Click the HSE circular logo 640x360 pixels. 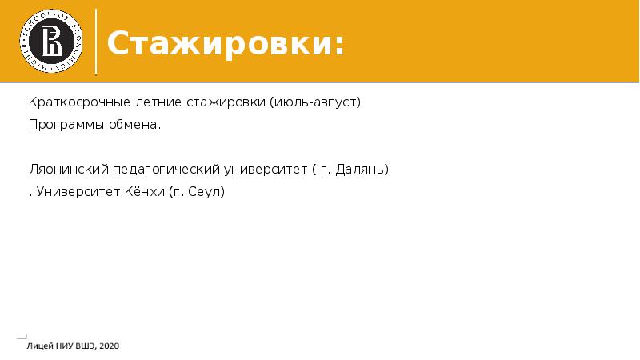[51, 42]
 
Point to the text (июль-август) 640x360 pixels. [315, 102]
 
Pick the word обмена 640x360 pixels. [134, 125]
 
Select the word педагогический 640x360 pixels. [166, 170]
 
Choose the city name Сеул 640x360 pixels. [206, 191]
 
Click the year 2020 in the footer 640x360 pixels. [110, 346]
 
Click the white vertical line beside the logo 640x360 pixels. [96, 42]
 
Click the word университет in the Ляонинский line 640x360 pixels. [266, 170]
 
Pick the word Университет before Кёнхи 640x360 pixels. [78, 191]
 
